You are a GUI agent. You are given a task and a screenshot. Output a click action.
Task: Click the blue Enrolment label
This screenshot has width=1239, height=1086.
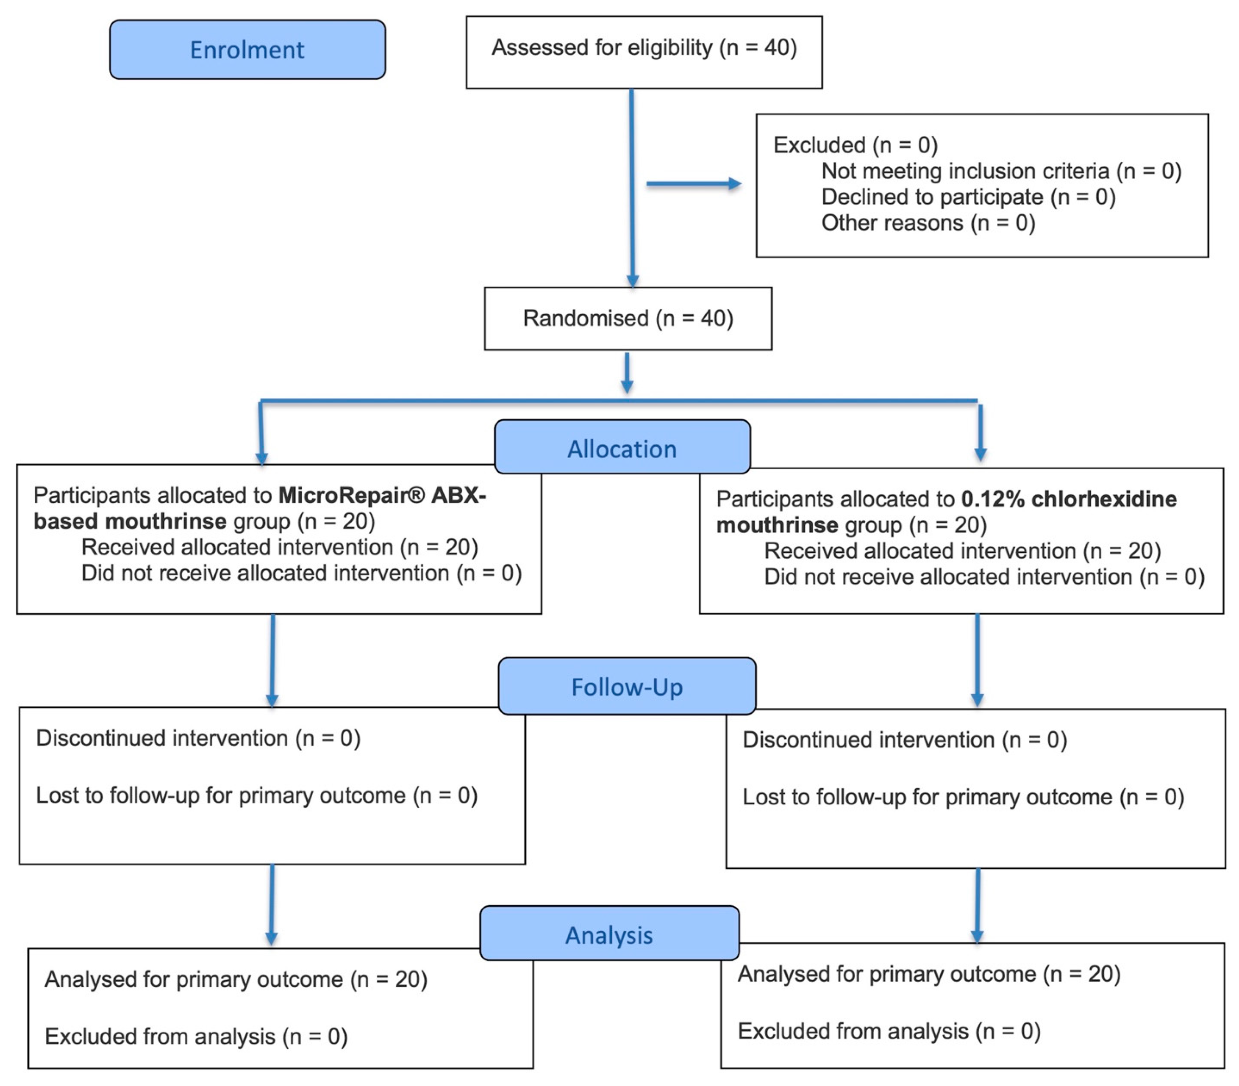(x=247, y=50)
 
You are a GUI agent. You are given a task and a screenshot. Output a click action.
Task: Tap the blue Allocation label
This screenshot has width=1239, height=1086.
(x=622, y=447)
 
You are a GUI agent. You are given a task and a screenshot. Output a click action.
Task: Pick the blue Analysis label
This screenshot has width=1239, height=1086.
(x=610, y=933)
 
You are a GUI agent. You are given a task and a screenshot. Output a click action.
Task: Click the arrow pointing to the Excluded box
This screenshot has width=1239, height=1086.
(x=694, y=184)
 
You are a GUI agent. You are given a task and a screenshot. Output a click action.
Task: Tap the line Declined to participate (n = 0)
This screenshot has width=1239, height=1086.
(x=968, y=197)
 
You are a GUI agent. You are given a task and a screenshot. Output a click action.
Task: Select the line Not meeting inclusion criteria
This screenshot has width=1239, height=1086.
(x=1001, y=171)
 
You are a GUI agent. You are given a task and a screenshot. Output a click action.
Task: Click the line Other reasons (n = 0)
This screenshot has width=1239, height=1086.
(x=928, y=223)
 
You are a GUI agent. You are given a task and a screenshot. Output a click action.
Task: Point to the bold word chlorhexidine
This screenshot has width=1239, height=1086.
(x=1104, y=499)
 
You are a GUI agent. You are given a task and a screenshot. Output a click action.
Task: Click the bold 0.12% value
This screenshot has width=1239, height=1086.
(x=993, y=499)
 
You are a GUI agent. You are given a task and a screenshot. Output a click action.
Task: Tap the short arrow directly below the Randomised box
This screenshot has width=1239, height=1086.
(x=628, y=373)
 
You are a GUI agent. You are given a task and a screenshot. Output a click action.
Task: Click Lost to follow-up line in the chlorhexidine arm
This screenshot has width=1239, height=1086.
(x=963, y=797)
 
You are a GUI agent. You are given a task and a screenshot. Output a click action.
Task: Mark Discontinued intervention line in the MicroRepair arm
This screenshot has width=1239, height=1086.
(x=198, y=738)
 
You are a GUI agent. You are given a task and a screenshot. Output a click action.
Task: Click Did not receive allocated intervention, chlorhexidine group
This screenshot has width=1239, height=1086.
(x=984, y=576)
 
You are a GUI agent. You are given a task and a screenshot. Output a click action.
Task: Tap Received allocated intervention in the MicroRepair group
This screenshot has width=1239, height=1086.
(x=279, y=547)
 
